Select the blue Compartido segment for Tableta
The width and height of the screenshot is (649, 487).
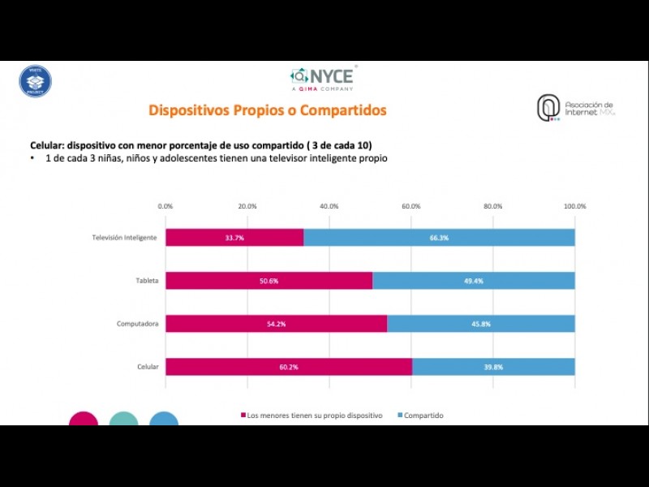tap(473, 281)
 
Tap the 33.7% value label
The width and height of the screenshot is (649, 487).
tap(234, 238)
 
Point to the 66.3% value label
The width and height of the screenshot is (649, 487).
tap(439, 238)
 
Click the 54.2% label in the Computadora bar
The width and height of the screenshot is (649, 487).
tap(276, 324)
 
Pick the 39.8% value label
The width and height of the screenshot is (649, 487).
tap(493, 367)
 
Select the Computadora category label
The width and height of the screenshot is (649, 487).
tap(137, 324)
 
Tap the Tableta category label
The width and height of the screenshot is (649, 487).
tap(147, 281)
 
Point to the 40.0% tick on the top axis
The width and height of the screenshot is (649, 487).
tap(329, 206)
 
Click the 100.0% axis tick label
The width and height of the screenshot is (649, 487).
tap(575, 206)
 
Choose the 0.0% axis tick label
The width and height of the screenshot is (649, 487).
tap(165, 206)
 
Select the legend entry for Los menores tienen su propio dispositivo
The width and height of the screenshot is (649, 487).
tap(313, 416)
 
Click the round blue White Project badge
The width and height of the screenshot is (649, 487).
tap(35, 81)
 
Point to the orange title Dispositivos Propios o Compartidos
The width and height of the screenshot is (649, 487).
tap(267, 110)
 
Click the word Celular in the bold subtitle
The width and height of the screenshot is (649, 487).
tap(47, 144)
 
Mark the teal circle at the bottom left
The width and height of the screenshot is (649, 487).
tap(124, 420)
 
